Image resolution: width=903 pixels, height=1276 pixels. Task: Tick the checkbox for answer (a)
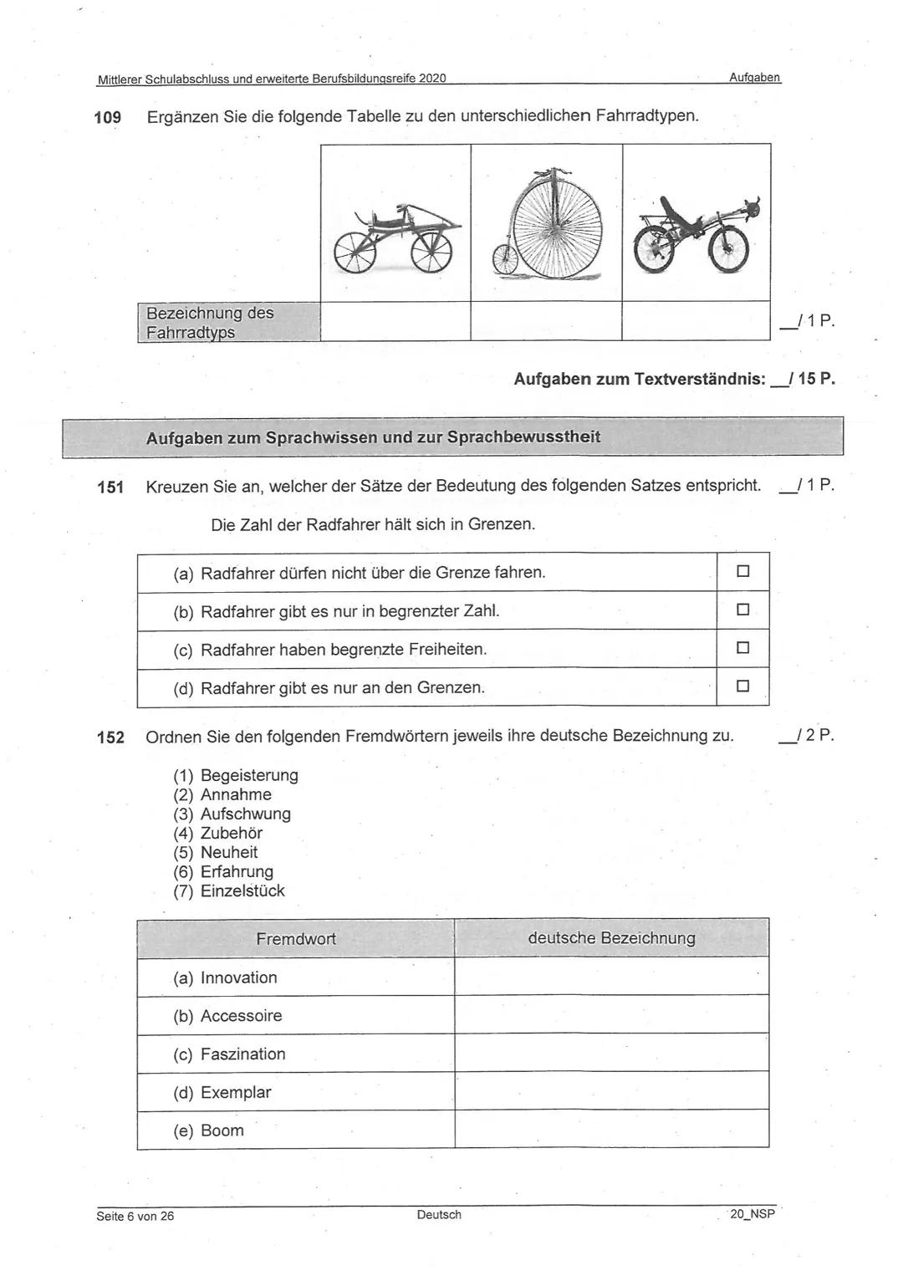[x=742, y=572]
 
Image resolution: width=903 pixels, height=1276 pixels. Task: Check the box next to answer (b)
[x=742, y=610]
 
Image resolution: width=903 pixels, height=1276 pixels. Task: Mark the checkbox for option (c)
[x=742, y=648]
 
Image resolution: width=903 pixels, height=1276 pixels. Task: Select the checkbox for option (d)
[x=742, y=686]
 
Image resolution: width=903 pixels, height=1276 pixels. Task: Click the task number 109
[x=108, y=117]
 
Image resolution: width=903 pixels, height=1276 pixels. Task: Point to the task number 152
[x=110, y=738]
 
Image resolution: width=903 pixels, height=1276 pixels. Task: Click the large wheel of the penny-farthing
[x=557, y=228]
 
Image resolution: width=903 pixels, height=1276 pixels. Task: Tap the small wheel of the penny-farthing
[x=504, y=259]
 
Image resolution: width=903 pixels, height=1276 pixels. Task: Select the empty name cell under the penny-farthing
[x=546, y=321]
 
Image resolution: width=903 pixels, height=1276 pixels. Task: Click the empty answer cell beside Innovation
[x=611, y=977]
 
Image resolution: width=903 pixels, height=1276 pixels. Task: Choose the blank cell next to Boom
[x=611, y=1130]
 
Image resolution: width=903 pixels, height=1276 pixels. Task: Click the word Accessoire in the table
[x=241, y=1016]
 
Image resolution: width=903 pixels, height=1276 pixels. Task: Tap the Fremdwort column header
[x=296, y=939]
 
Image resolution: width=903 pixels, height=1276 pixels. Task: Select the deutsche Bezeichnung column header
[x=611, y=938]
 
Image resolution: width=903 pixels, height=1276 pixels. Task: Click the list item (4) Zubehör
[x=218, y=833]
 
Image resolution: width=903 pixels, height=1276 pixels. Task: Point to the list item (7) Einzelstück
[x=229, y=891]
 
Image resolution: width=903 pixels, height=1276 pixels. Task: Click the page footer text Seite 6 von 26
[x=135, y=1216]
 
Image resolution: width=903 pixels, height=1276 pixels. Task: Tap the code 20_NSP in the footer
[x=752, y=1214]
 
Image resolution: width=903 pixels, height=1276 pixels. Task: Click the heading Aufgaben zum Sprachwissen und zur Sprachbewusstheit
[x=373, y=437]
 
